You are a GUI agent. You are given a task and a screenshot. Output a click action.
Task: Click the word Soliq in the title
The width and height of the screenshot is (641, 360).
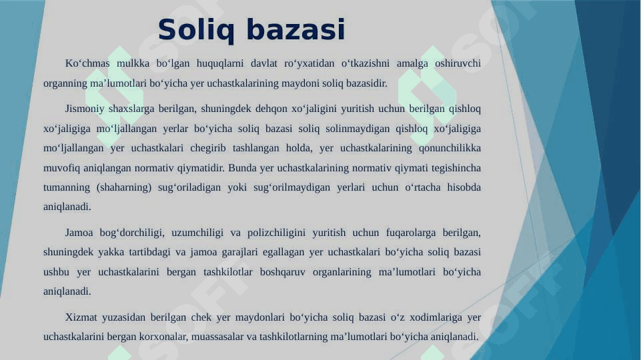196,31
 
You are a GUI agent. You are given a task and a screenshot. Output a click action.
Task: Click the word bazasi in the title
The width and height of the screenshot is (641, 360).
296,30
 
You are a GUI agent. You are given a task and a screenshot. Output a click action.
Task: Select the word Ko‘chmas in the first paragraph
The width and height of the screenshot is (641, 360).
87,63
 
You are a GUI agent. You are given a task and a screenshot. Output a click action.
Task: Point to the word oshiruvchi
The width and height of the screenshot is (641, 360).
458,63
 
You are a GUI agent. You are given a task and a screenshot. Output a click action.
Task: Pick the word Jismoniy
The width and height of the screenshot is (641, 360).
85,109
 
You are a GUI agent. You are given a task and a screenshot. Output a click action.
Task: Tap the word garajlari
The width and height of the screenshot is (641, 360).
239,252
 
